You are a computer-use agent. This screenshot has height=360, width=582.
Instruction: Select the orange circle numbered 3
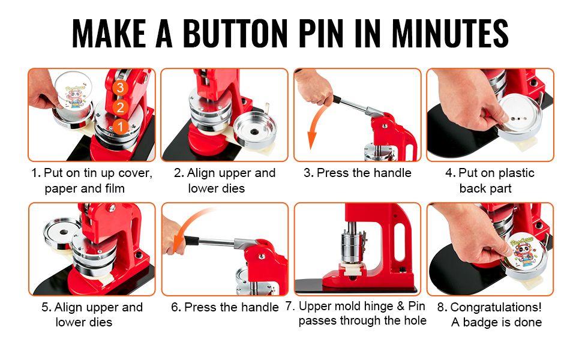click(121, 88)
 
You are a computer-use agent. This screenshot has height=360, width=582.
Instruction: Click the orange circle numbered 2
click(121, 107)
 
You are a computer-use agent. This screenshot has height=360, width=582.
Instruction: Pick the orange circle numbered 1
click(121, 127)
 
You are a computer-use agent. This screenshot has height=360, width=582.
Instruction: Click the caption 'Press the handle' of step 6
click(231, 307)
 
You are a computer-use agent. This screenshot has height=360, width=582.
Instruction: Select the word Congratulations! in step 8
click(496, 307)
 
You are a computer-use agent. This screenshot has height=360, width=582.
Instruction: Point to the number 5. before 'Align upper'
click(46, 307)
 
